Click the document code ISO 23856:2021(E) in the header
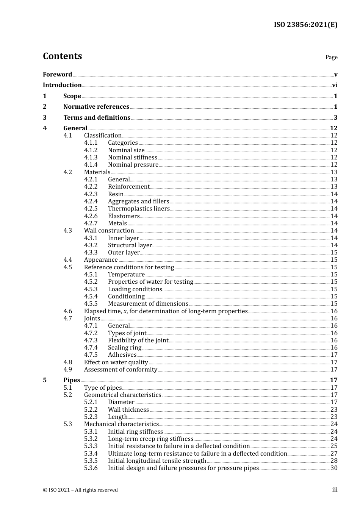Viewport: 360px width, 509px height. pyautogui.click(x=305, y=25)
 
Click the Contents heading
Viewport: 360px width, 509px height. pyautogui.click(x=62, y=56)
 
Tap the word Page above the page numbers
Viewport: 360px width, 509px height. pyautogui.click(x=331, y=57)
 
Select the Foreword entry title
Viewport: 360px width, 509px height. pyautogui.click(x=57, y=74)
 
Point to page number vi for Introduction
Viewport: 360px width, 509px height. pyautogui.click(x=335, y=85)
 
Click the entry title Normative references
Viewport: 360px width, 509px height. pyautogui.click(x=96, y=107)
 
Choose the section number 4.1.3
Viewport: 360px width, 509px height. pyautogui.click(x=91, y=157)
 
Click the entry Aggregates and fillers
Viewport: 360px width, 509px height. pyautogui.click(x=138, y=201)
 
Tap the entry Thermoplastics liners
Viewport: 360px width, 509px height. pyautogui.click(x=139, y=209)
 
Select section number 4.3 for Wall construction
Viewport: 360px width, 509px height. pyautogui.click(x=67, y=231)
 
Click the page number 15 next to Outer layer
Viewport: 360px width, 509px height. pyautogui.click(x=334, y=253)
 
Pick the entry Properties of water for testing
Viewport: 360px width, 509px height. pyautogui.click(x=150, y=282)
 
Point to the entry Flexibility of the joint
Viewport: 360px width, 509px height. pyautogui.click(x=138, y=340)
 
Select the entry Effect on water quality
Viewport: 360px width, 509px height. pyautogui.click(x=116, y=362)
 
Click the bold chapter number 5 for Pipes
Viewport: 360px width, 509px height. pyautogui.click(x=45, y=380)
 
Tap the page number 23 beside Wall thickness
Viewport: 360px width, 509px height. pyautogui.click(x=334, y=410)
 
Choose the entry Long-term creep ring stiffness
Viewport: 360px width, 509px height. pyautogui.click(x=150, y=439)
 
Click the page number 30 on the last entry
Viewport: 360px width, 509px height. pyautogui.click(x=334, y=468)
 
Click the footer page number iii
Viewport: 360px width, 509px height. pyautogui.click(x=335, y=490)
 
